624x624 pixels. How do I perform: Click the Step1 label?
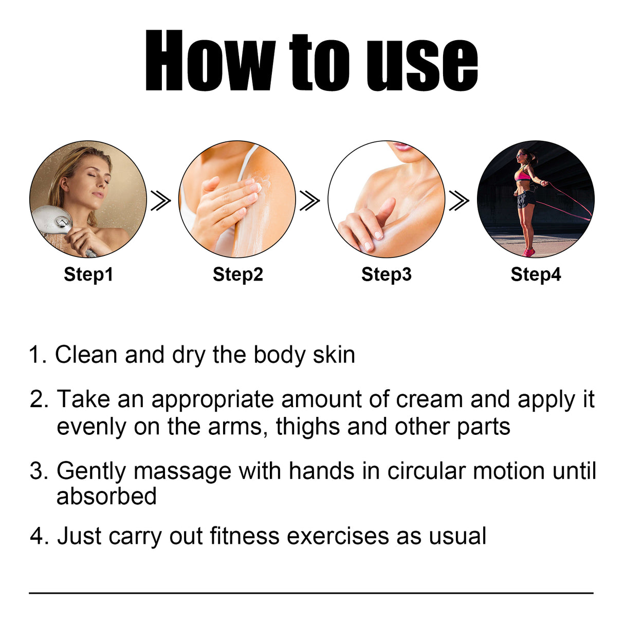coord(88,274)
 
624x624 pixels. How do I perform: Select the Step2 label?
coord(237,274)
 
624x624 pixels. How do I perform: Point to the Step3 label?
coord(386,274)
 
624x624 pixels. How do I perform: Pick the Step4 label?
coord(535,274)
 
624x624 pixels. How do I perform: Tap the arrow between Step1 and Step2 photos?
coord(160,200)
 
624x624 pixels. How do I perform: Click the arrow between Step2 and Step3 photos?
coord(309,200)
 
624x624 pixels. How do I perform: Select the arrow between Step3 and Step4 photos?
coord(458,200)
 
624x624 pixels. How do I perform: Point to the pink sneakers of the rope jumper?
coord(528,252)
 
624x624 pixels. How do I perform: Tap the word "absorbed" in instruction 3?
coord(106,497)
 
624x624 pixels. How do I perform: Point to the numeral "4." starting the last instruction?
coord(39,536)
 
